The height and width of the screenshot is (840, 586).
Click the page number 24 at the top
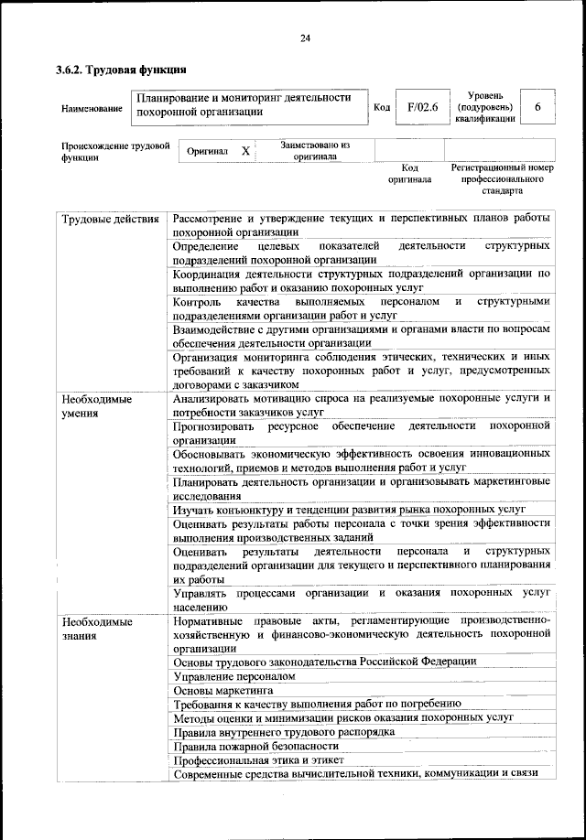305,37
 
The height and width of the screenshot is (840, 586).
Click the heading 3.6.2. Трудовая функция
120,69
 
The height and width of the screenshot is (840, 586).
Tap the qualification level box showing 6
537,108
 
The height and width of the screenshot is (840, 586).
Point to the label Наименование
92,109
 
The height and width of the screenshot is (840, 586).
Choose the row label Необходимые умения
96,406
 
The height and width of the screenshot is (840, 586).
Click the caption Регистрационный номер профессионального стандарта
502,180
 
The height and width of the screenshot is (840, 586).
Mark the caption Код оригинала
409,174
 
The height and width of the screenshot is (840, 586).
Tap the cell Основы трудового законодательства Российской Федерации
324,661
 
